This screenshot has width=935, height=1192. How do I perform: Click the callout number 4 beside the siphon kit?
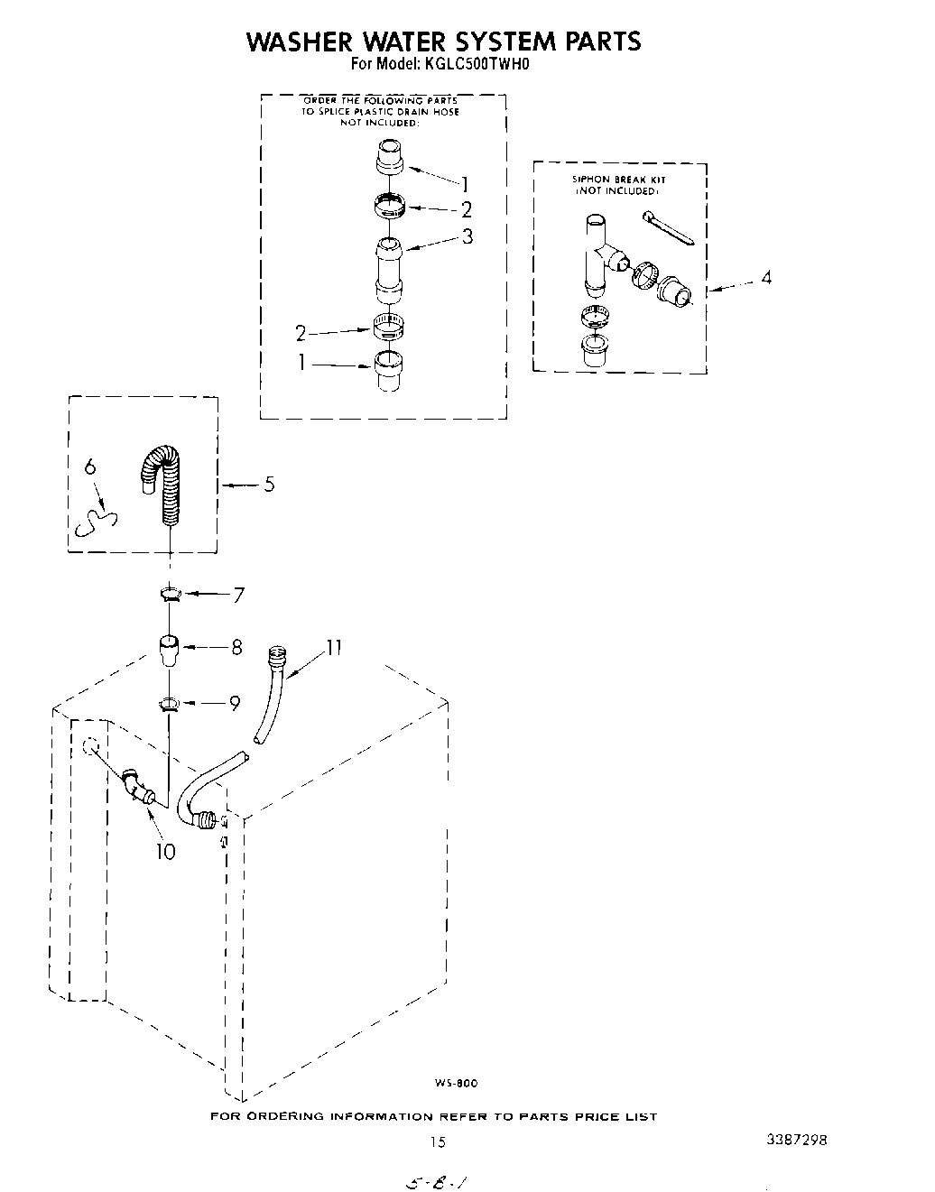coord(765,278)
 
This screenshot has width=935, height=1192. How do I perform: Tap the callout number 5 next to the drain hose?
coord(269,485)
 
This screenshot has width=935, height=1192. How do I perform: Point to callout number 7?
coord(238,595)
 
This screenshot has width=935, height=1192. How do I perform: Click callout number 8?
coord(236,647)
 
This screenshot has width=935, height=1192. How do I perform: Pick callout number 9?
coord(235,704)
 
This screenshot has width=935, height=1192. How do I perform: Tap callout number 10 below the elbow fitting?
coord(166,851)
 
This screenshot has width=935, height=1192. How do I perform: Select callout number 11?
coord(335,646)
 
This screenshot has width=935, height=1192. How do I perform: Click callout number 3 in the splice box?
coord(467,236)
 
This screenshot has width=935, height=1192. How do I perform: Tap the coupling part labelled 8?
coord(169,650)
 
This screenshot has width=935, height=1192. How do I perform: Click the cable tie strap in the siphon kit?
coord(668,228)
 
